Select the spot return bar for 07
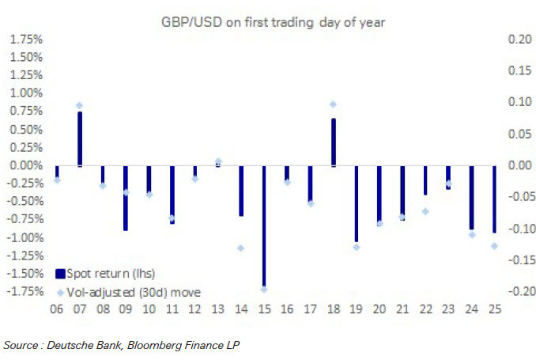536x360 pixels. click(79, 139)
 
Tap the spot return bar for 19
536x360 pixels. click(357, 203)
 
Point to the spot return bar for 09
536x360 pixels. click(126, 198)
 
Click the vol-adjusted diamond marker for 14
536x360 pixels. click(241, 248)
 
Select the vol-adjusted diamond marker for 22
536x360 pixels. click(425, 211)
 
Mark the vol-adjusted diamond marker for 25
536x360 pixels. click(494, 246)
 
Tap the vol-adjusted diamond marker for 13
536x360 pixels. click(218, 161)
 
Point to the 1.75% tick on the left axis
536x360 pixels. click(27, 39)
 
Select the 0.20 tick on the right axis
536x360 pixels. click(510, 39)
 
